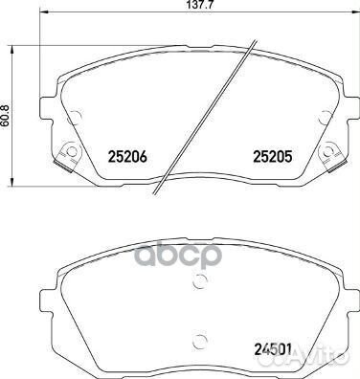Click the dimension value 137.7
(182, 8)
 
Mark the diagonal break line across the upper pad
(210, 116)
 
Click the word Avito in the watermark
(331, 362)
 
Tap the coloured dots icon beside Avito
(304, 362)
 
